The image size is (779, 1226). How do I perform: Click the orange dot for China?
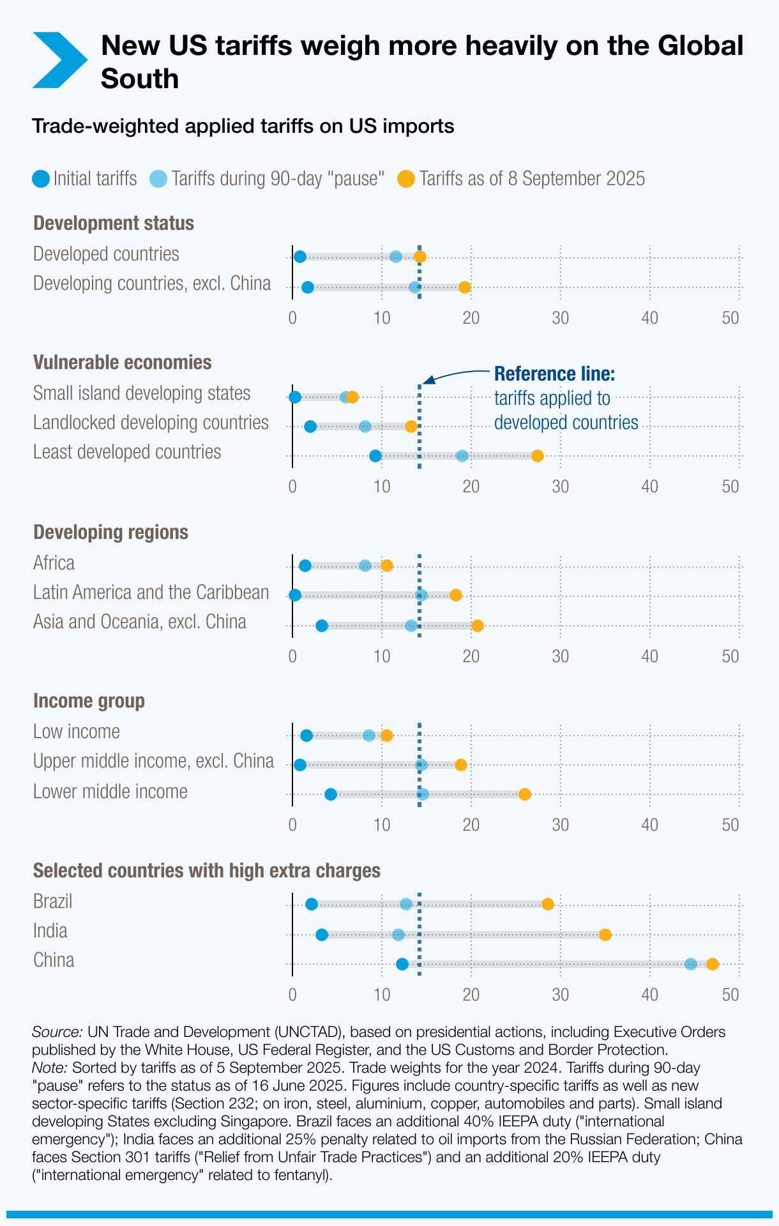pos(713,964)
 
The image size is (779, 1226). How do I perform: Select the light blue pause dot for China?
pos(691,964)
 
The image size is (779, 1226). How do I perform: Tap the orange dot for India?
pos(605,935)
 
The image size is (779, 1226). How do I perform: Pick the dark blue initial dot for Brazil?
pos(312,904)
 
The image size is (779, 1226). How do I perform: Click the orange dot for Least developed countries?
pos(538,456)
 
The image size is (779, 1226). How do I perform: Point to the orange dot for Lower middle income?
pos(525,794)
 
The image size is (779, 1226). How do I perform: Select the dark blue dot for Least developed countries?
pos(375,456)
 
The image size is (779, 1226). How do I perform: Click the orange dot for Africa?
pos(387,566)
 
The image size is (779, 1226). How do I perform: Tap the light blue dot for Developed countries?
pos(396,257)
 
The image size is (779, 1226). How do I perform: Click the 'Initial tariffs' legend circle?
pos(40,179)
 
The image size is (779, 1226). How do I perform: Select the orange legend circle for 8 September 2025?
pos(406,179)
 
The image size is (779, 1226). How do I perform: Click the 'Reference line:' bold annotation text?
pos(554,374)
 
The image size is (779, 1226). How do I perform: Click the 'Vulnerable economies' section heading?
pos(122,363)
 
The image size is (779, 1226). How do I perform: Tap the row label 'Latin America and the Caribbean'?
pos(151,593)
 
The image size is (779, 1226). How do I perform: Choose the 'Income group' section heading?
pos(89,701)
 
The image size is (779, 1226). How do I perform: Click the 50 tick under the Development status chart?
pos(730,318)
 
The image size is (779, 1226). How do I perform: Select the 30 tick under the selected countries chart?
pos(561,995)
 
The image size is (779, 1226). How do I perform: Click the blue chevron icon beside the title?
pos(59,60)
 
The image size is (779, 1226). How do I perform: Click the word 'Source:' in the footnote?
pos(57,1032)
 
